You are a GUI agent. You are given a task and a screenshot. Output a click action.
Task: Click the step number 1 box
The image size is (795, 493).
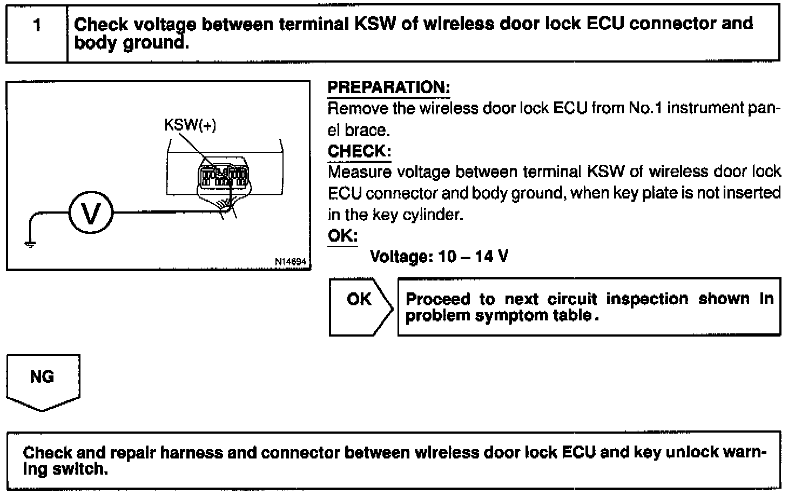pyautogui.click(x=37, y=32)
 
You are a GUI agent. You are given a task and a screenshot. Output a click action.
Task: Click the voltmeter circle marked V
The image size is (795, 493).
pyautogui.click(x=91, y=213)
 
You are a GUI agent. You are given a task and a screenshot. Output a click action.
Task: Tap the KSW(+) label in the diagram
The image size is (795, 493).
pyautogui.click(x=190, y=125)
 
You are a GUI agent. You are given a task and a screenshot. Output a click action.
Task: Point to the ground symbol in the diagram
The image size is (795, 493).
pyautogui.click(x=31, y=244)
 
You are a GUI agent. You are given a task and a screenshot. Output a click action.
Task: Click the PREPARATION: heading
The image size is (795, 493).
pyautogui.click(x=388, y=87)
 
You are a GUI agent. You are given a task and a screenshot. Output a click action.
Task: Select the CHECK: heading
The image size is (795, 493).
pyautogui.click(x=359, y=151)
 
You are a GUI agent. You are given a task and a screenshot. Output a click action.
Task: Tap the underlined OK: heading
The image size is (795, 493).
pyautogui.click(x=342, y=236)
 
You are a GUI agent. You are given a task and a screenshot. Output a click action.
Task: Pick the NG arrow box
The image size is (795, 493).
pyautogui.click(x=42, y=380)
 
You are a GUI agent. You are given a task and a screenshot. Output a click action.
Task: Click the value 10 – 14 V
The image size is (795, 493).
pyautogui.click(x=473, y=256)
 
